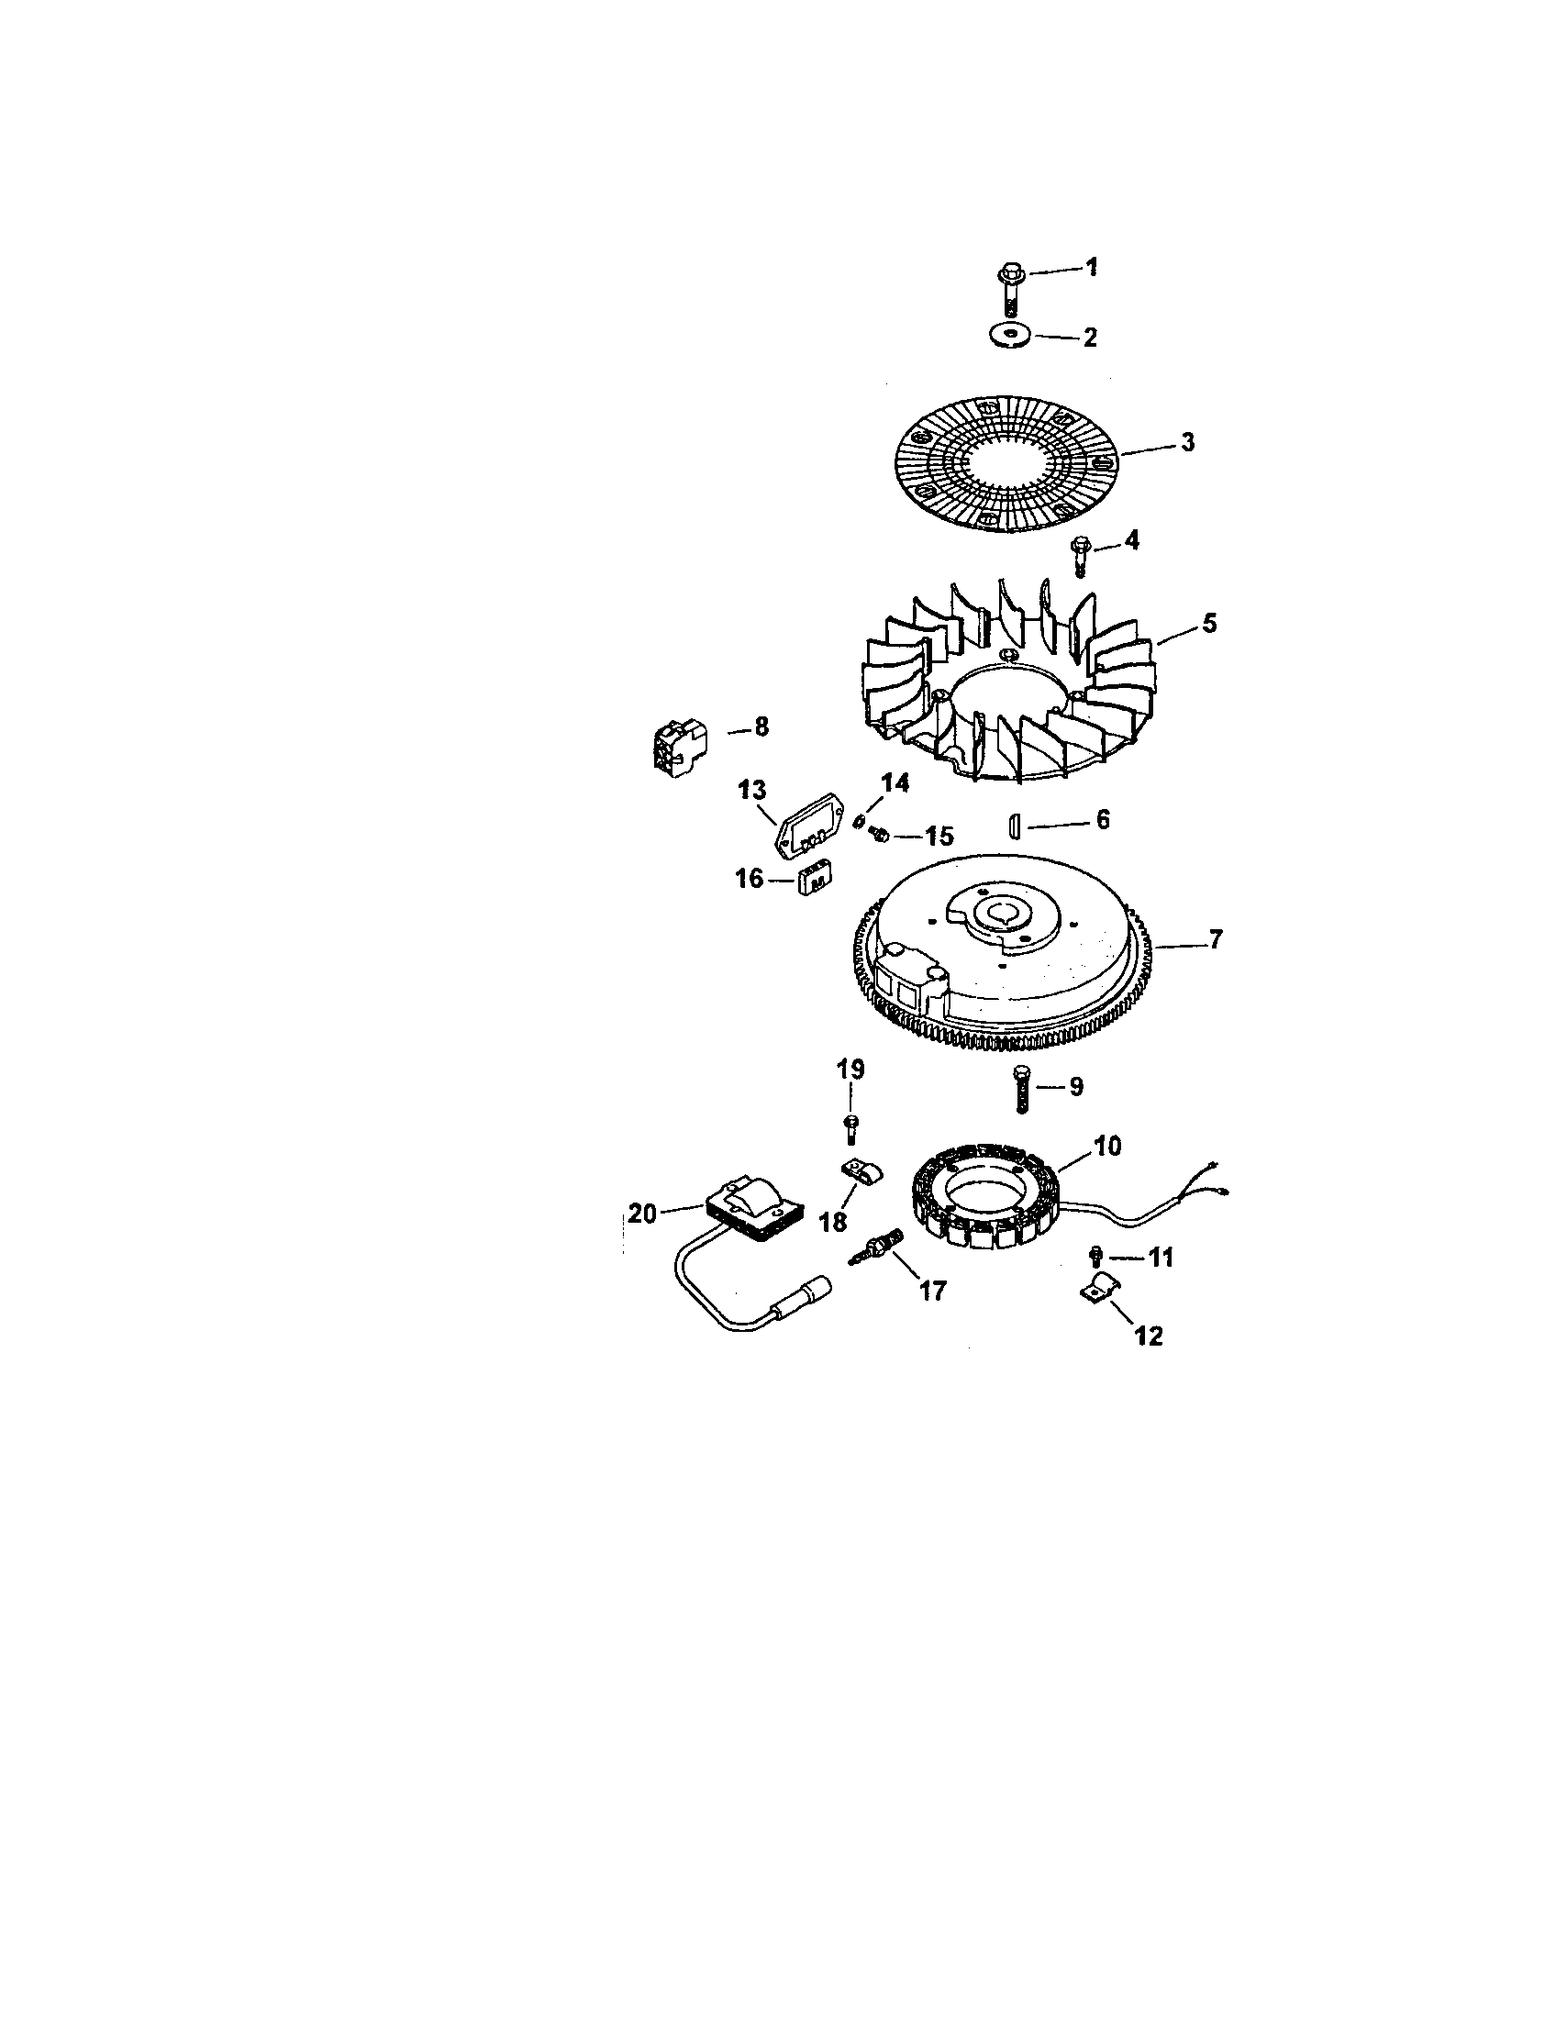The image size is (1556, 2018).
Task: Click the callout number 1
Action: tap(1091, 268)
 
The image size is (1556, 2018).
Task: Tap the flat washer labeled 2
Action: tap(1009, 335)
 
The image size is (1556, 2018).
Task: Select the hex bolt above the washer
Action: tap(1009, 290)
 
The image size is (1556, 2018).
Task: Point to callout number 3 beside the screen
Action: tap(1187, 442)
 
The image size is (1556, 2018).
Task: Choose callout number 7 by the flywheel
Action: tap(1215, 939)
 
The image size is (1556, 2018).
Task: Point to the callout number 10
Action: tap(1108, 1147)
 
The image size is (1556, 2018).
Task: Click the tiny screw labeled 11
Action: tap(1095, 1253)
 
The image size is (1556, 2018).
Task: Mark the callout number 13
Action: tap(752, 790)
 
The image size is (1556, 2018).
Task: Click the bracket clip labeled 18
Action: tap(861, 1174)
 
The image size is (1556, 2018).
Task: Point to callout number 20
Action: tap(642, 1214)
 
